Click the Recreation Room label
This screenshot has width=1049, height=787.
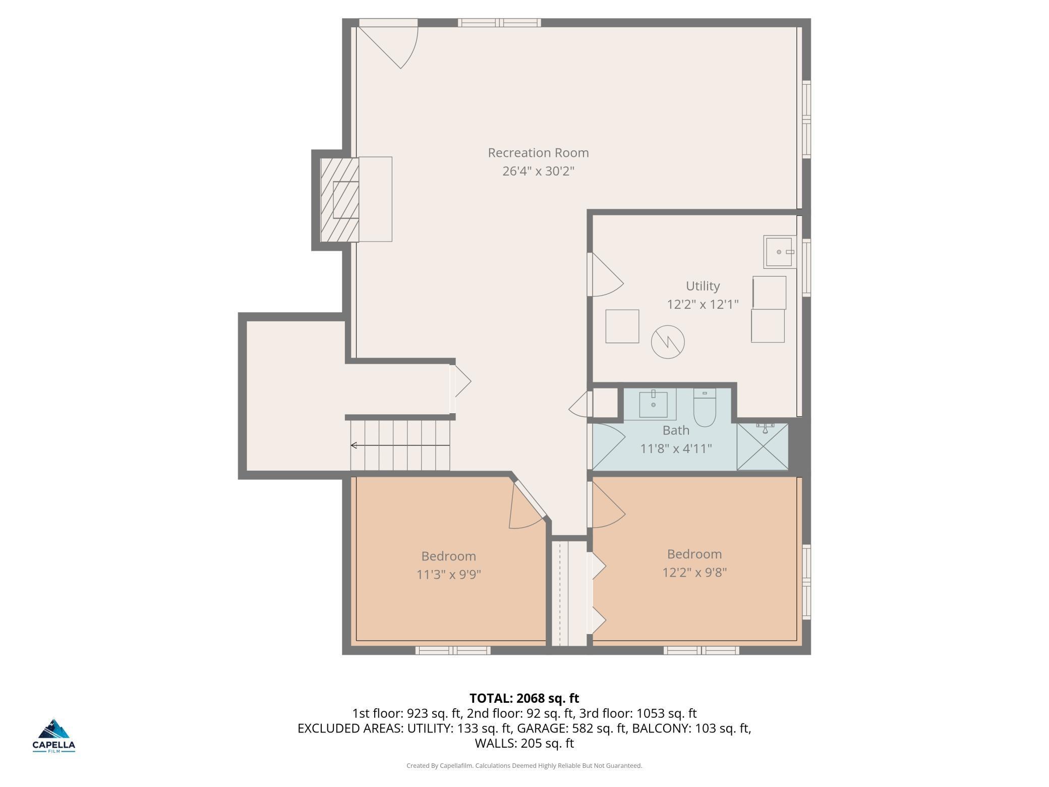538,152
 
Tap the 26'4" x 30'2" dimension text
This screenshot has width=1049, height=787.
538,171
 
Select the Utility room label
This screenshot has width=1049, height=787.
703,286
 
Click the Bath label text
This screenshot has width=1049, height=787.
676,430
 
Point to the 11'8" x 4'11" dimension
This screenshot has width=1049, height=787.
676,448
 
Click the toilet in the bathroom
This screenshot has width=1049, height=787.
705,407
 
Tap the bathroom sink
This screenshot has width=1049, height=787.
653,404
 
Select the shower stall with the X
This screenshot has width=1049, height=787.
762,446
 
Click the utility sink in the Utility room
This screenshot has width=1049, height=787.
780,252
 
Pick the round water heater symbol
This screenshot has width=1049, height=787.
668,342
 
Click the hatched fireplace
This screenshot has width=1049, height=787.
340,200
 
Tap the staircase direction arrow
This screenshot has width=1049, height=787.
400,445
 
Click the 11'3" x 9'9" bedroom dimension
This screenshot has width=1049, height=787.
448,575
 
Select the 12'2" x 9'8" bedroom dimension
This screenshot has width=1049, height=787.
694,573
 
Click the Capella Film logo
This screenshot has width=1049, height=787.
54,735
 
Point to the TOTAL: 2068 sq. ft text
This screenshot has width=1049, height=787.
524,698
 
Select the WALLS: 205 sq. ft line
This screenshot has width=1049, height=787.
524,744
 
